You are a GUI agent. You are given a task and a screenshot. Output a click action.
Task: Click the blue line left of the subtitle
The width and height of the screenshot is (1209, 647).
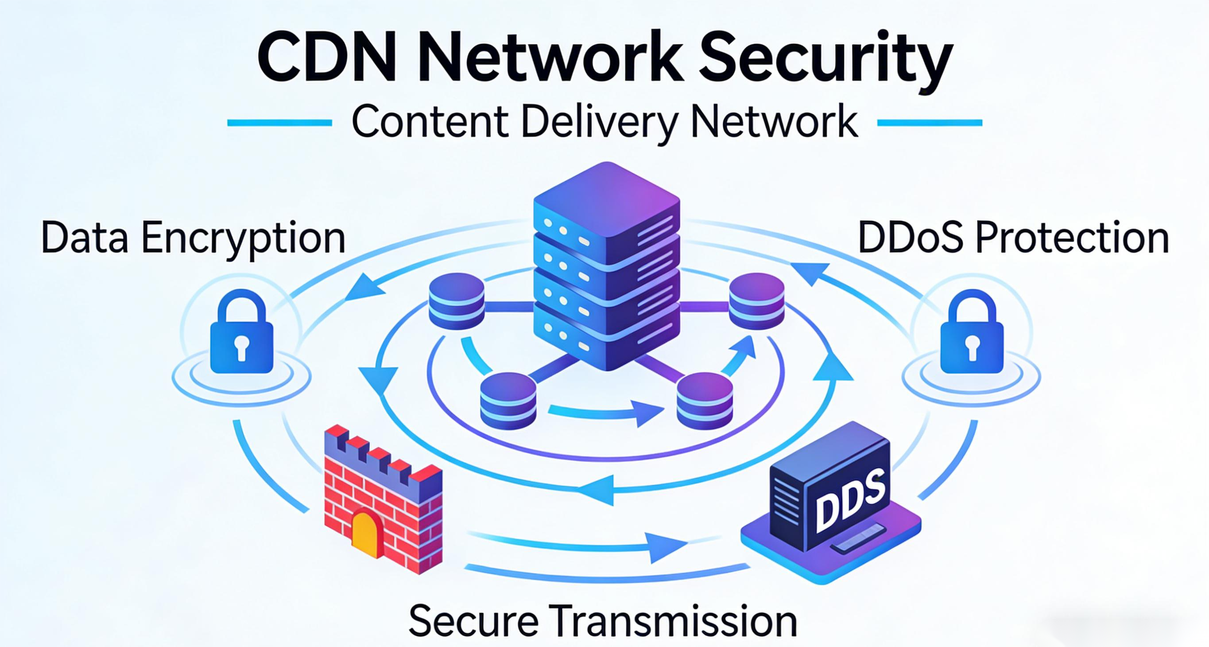coord(280,123)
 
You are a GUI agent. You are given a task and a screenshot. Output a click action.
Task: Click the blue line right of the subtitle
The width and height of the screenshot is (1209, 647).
coord(929,123)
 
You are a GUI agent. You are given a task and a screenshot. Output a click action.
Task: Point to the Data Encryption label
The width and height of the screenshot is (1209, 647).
coord(193,238)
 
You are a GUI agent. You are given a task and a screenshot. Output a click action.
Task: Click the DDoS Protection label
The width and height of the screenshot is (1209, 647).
coord(1013,238)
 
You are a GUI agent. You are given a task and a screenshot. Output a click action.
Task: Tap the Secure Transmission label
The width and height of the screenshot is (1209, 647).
coord(603,621)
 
